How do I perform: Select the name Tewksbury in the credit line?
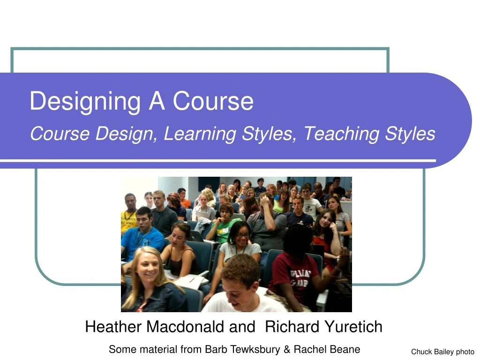[x=254, y=349]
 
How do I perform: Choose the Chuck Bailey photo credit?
[x=442, y=352]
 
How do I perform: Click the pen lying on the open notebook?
[x=192, y=280]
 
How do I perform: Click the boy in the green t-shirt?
[x=225, y=225]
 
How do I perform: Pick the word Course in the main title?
[x=213, y=101]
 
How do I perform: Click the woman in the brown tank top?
[x=181, y=248]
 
